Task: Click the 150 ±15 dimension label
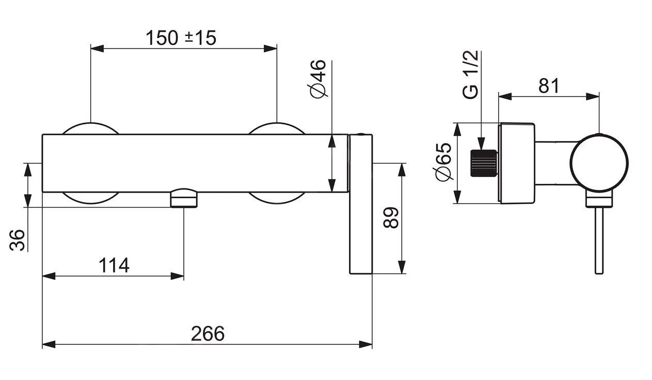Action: point(181,38)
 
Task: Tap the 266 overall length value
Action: point(208,334)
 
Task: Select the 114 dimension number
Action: point(114,265)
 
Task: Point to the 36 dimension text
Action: point(17,240)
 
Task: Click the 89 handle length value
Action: point(391,217)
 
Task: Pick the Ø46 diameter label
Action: point(317,78)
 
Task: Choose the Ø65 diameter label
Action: point(442,162)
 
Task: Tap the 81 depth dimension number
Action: point(549,86)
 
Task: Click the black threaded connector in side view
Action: point(484,163)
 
